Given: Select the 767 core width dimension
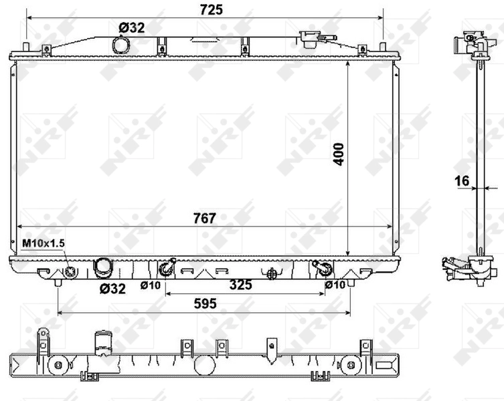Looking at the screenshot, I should (204, 218).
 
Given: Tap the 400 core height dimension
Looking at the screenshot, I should (339, 154).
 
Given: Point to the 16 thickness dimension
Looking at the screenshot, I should (461, 180).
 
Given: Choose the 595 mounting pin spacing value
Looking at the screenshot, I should (205, 303).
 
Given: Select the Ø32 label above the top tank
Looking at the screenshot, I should (131, 27).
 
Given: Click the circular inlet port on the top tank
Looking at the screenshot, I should (122, 46).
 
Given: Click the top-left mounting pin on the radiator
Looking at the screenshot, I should (26, 48).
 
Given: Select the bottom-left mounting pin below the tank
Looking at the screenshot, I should (58, 283).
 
